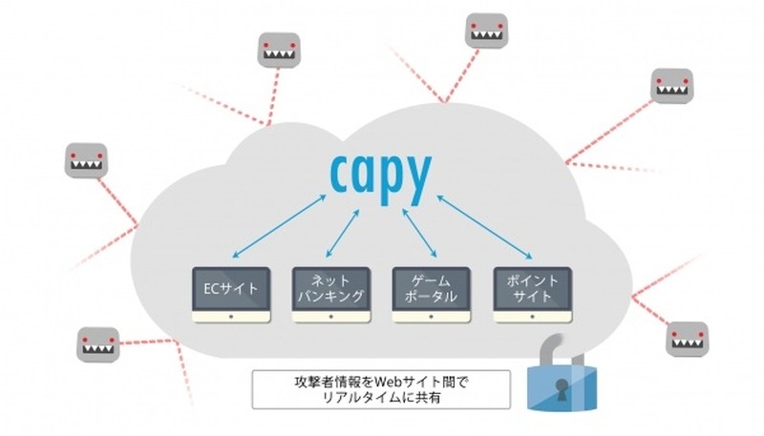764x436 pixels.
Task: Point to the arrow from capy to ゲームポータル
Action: coord(418,229)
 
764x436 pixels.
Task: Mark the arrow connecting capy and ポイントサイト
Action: coord(485,225)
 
